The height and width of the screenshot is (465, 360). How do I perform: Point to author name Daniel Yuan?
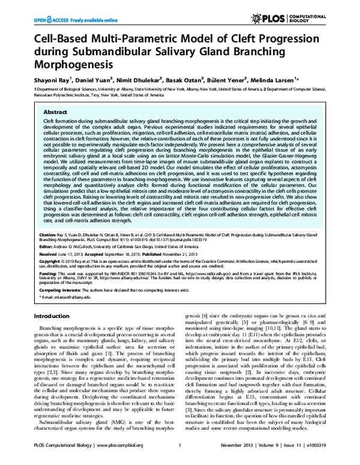92,79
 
